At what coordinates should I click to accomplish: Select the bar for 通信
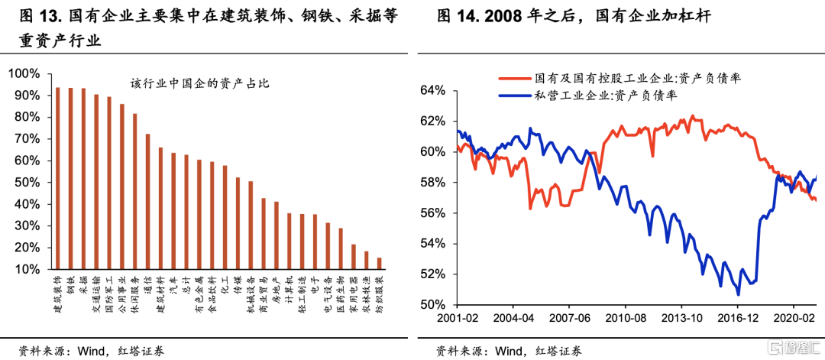[148, 202]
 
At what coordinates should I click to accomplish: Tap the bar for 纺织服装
[380, 264]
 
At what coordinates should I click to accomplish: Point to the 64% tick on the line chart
[432, 91]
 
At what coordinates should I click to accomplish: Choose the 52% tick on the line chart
[432, 274]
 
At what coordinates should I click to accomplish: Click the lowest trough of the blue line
[738, 294]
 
